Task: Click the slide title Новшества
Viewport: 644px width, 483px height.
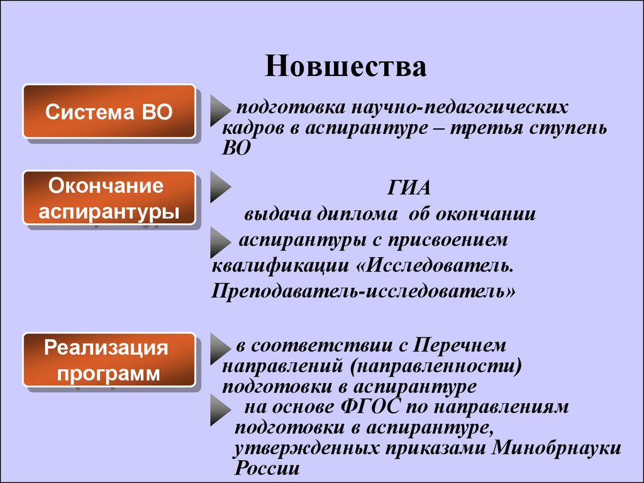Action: point(345,65)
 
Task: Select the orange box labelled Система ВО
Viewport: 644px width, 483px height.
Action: point(109,111)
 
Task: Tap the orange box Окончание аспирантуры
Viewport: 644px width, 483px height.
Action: point(109,198)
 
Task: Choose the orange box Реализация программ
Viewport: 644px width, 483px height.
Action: point(109,360)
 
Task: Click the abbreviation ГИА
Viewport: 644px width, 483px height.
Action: point(409,188)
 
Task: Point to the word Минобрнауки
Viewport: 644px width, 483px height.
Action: point(556,448)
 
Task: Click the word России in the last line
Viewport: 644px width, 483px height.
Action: point(267,468)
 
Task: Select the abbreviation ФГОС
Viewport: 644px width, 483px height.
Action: point(370,407)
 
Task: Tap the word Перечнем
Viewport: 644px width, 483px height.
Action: point(459,345)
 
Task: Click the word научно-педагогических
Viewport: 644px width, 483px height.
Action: point(460,108)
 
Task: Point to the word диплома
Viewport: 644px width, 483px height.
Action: point(357,214)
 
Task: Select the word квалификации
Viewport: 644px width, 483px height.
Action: point(280,266)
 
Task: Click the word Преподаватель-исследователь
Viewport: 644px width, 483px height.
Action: point(363,291)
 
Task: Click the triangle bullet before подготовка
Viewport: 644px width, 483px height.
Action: point(220,110)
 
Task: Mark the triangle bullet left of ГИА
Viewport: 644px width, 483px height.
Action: point(220,187)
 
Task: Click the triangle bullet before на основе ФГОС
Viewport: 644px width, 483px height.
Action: point(220,410)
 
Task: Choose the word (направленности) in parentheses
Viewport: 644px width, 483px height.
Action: point(436,365)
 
